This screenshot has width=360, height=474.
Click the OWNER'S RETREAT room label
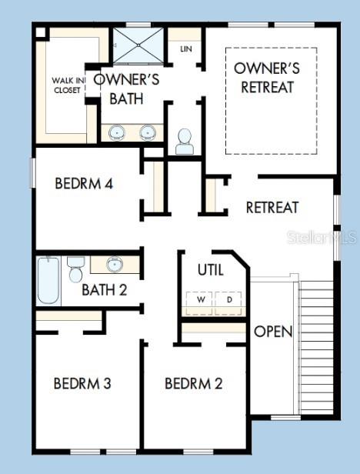[x=267, y=78]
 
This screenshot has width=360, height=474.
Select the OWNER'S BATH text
[x=126, y=88]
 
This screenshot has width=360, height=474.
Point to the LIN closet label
[x=185, y=48]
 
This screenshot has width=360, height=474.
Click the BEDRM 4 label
[x=85, y=184]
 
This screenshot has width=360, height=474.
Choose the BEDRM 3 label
[x=82, y=382]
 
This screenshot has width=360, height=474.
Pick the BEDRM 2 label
[x=194, y=382]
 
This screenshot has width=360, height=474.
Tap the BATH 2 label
[x=104, y=290]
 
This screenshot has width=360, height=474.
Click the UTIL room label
[x=211, y=270]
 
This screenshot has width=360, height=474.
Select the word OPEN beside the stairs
[x=273, y=332]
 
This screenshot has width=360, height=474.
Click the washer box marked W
[x=200, y=300]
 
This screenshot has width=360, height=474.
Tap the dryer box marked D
[x=228, y=300]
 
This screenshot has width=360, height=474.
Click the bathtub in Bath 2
[x=48, y=281]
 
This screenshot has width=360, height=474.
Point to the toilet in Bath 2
[x=75, y=269]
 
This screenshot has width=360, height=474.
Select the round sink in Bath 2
[x=115, y=265]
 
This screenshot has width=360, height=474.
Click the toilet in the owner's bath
[x=185, y=141]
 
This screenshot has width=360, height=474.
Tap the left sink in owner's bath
[x=117, y=132]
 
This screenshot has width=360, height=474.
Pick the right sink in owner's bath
[x=147, y=132]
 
